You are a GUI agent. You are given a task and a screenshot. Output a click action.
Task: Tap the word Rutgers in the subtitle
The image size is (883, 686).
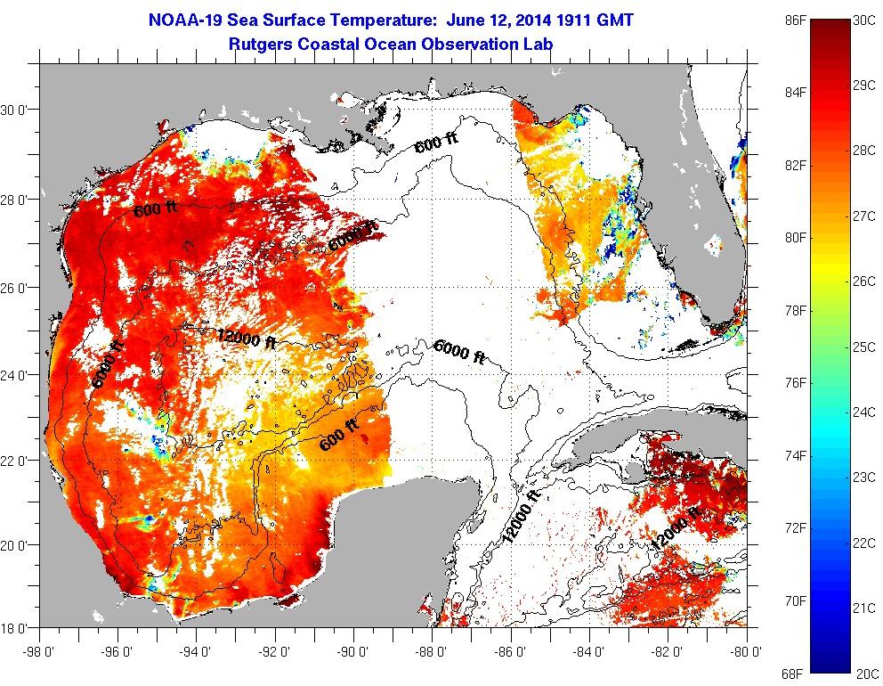point(260,42)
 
